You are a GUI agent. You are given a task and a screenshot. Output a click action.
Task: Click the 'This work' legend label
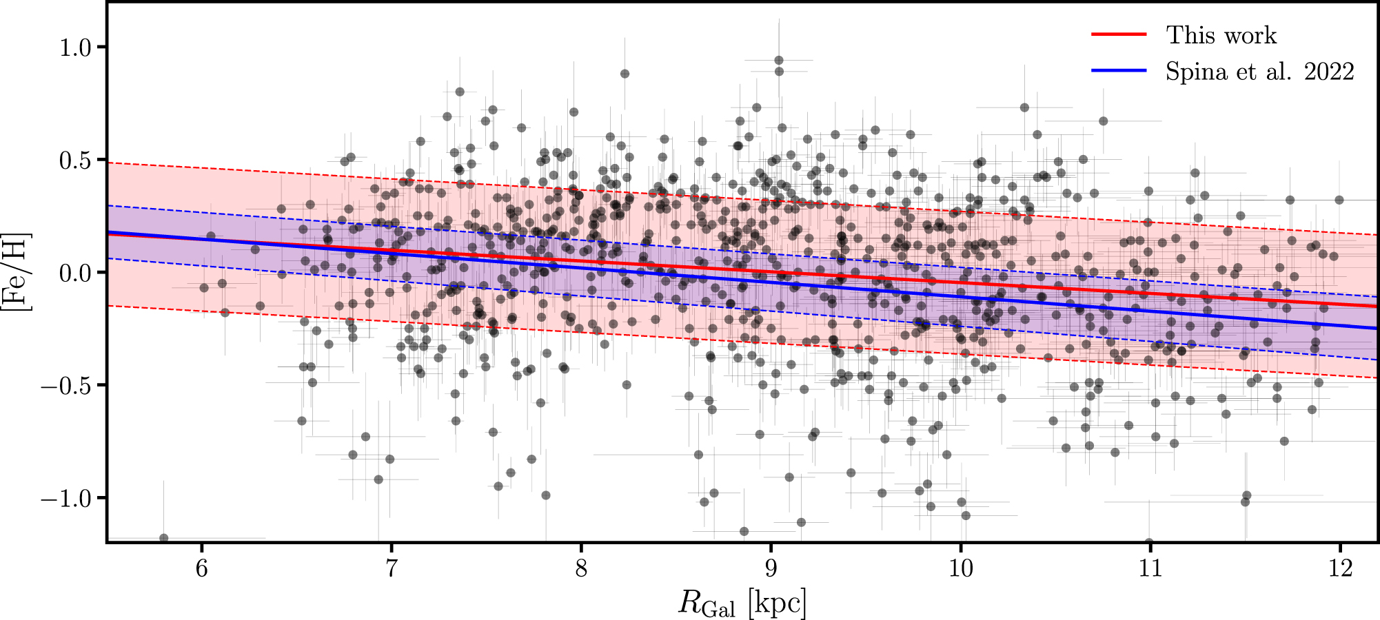point(1221,34)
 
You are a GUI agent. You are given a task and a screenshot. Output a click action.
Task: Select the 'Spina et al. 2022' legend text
point(1259,71)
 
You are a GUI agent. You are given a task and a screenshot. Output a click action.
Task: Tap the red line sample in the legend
point(1119,34)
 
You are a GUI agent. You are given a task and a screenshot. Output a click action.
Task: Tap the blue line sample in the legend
point(1119,71)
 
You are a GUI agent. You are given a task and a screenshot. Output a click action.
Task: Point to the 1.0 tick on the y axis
point(74,48)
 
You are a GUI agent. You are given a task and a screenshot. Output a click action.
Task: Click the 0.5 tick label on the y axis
point(74,161)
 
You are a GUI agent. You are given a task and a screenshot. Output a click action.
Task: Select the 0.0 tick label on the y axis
point(74,273)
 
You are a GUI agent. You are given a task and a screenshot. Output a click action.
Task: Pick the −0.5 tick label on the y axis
point(66,386)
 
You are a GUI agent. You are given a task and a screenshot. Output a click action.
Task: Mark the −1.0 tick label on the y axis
point(66,498)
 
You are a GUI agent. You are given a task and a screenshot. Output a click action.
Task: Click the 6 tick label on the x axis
point(201,568)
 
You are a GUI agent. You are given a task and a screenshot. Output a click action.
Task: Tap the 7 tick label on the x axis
point(391,568)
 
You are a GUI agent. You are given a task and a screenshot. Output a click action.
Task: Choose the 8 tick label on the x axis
point(581,568)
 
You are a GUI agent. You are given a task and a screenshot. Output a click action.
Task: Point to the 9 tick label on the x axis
point(771,568)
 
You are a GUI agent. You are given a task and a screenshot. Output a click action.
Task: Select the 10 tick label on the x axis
point(960,568)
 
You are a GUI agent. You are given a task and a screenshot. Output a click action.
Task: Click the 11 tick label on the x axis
point(1150,568)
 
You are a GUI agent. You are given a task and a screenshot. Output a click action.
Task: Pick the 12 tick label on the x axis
point(1340,568)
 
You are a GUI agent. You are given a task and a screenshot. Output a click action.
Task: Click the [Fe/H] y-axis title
point(15,273)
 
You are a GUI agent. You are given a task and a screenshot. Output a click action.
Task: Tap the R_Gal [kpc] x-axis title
point(742,603)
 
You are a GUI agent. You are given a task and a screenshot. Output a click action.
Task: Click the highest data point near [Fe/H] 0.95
point(779,60)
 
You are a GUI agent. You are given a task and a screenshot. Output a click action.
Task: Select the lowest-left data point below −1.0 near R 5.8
point(163,538)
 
